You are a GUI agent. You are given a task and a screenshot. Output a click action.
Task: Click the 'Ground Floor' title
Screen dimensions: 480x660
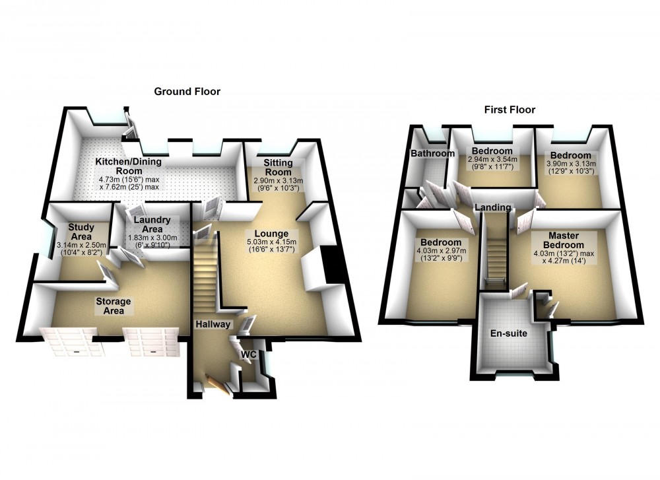pyautogui.click(x=187, y=92)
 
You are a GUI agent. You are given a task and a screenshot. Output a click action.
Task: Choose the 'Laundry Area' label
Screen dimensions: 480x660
pyautogui.click(x=152, y=224)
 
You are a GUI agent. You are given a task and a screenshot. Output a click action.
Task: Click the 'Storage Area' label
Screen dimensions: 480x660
pyautogui.click(x=114, y=306)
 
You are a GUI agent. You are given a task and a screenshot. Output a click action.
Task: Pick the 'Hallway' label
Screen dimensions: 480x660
pyautogui.click(x=213, y=324)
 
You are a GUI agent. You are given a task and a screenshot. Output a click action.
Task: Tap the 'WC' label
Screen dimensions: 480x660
pyautogui.click(x=248, y=355)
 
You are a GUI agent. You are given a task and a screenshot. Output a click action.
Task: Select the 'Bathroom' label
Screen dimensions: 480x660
pyautogui.click(x=433, y=154)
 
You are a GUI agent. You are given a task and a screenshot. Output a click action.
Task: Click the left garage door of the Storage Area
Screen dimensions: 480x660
pyautogui.click(x=67, y=342)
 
